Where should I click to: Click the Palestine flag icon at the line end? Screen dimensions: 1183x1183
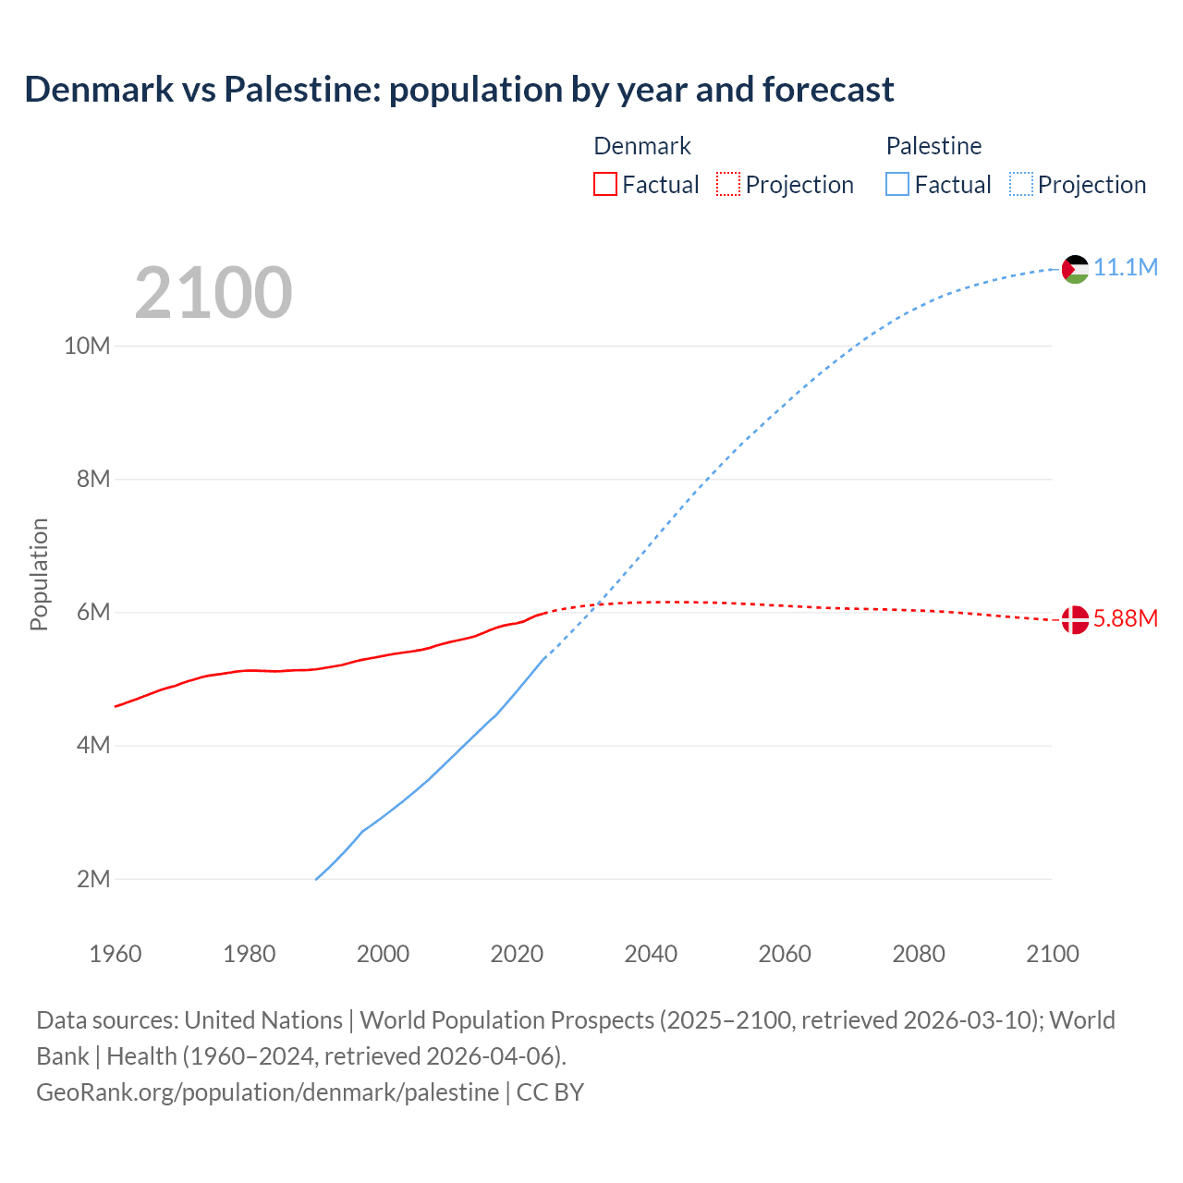click(1075, 269)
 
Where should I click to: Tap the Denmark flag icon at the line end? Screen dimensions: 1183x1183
click(1075, 619)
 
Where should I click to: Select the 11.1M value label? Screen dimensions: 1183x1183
click(1126, 268)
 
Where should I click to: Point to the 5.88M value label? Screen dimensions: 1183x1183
click(1126, 618)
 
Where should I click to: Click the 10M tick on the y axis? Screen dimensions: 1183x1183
click(87, 346)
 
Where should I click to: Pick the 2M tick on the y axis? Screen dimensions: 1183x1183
click(93, 879)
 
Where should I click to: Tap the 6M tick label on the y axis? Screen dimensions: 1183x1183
click(93, 613)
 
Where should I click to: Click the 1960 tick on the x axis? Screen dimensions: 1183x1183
click(116, 954)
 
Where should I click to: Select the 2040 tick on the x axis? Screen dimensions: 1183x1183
click(651, 954)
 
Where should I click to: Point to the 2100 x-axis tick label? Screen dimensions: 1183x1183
click(1052, 954)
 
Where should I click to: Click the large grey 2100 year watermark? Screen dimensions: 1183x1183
click(213, 293)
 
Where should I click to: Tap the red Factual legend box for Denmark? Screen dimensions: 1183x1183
click(604, 185)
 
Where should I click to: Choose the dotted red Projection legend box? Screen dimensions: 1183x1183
click(728, 185)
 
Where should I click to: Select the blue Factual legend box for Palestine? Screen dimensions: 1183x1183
click(897, 185)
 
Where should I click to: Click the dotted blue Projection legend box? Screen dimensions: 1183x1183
click(1021, 185)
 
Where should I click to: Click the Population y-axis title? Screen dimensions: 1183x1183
click(39, 574)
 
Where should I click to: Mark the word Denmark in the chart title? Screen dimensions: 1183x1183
click(99, 90)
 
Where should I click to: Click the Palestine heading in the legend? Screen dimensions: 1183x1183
click(933, 146)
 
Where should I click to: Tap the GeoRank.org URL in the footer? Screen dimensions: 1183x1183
click(268, 1092)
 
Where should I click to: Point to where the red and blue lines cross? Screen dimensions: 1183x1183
click(599, 604)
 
